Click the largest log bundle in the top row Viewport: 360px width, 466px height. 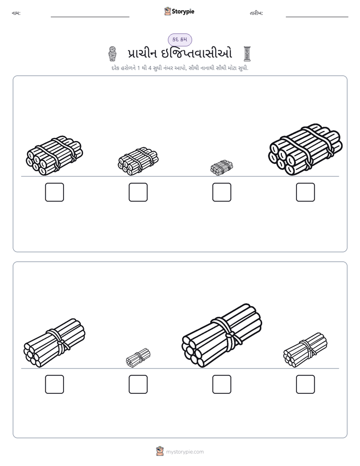pyautogui.click(x=306, y=149)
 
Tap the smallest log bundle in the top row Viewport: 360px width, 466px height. pyautogui.click(x=221, y=167)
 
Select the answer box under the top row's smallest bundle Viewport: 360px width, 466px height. pyautogui.click(x=221, y=192)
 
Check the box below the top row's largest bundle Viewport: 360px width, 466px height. pyautogui.click(x=306, y=192)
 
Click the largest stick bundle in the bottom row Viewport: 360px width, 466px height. pyautogui.click(x=222, y=335)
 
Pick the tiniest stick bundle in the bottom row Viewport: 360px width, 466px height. pyautogui.click(x=138, y=358)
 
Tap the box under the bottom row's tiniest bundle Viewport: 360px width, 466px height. pyautogui.click(x=138, y=384)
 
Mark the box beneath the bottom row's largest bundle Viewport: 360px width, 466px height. pyautogui.click(x=221, y=384)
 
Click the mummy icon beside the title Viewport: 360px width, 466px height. pyautogui.click(x=112, y=54)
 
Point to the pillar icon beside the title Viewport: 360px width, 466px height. pyautogui.click(x=247, y=54)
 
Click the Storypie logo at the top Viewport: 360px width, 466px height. pyautogui.click(x=179, y=11)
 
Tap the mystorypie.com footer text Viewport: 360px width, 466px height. pyautogui.click(x=185, y=452)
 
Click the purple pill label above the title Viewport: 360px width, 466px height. pyautogui.click(x=179, y=39)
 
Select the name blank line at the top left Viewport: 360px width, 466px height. pyautogui.click(x=90, y=17)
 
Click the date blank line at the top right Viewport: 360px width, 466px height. pyautogui.click(x=317, y=17)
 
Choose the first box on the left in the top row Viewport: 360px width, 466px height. pyautogui.click(x=54, y=192)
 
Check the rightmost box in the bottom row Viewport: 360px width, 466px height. pyautogui.click(x=306, y=384)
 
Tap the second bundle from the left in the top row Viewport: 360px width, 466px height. pyautogui.click(x=138, y=161)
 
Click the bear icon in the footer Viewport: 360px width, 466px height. pyautogui.click(x=160, y=451)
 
